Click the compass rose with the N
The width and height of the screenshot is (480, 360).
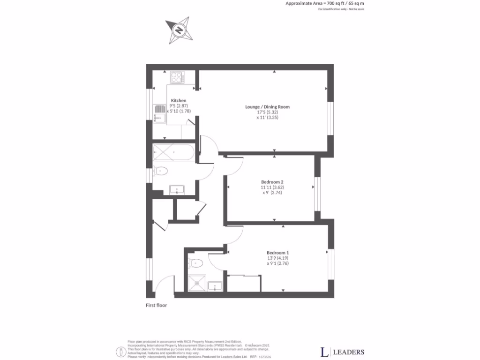(x=179, y=31)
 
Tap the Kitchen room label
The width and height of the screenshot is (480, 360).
(x=178, y=101)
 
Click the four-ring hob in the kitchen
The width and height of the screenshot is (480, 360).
(x=177, y=77)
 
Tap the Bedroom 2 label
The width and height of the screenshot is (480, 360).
(x=272, y=182)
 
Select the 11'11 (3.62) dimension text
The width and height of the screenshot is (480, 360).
(x=272, y=187)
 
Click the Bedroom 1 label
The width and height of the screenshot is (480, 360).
(x=277, y=252)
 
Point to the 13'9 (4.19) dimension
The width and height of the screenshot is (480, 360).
(x=277, y=258)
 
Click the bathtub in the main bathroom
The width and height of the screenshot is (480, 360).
(x=173, y=153)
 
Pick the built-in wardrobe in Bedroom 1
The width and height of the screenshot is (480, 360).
(x=243, y=284)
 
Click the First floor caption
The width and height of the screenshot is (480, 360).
(x=156, y=305)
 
